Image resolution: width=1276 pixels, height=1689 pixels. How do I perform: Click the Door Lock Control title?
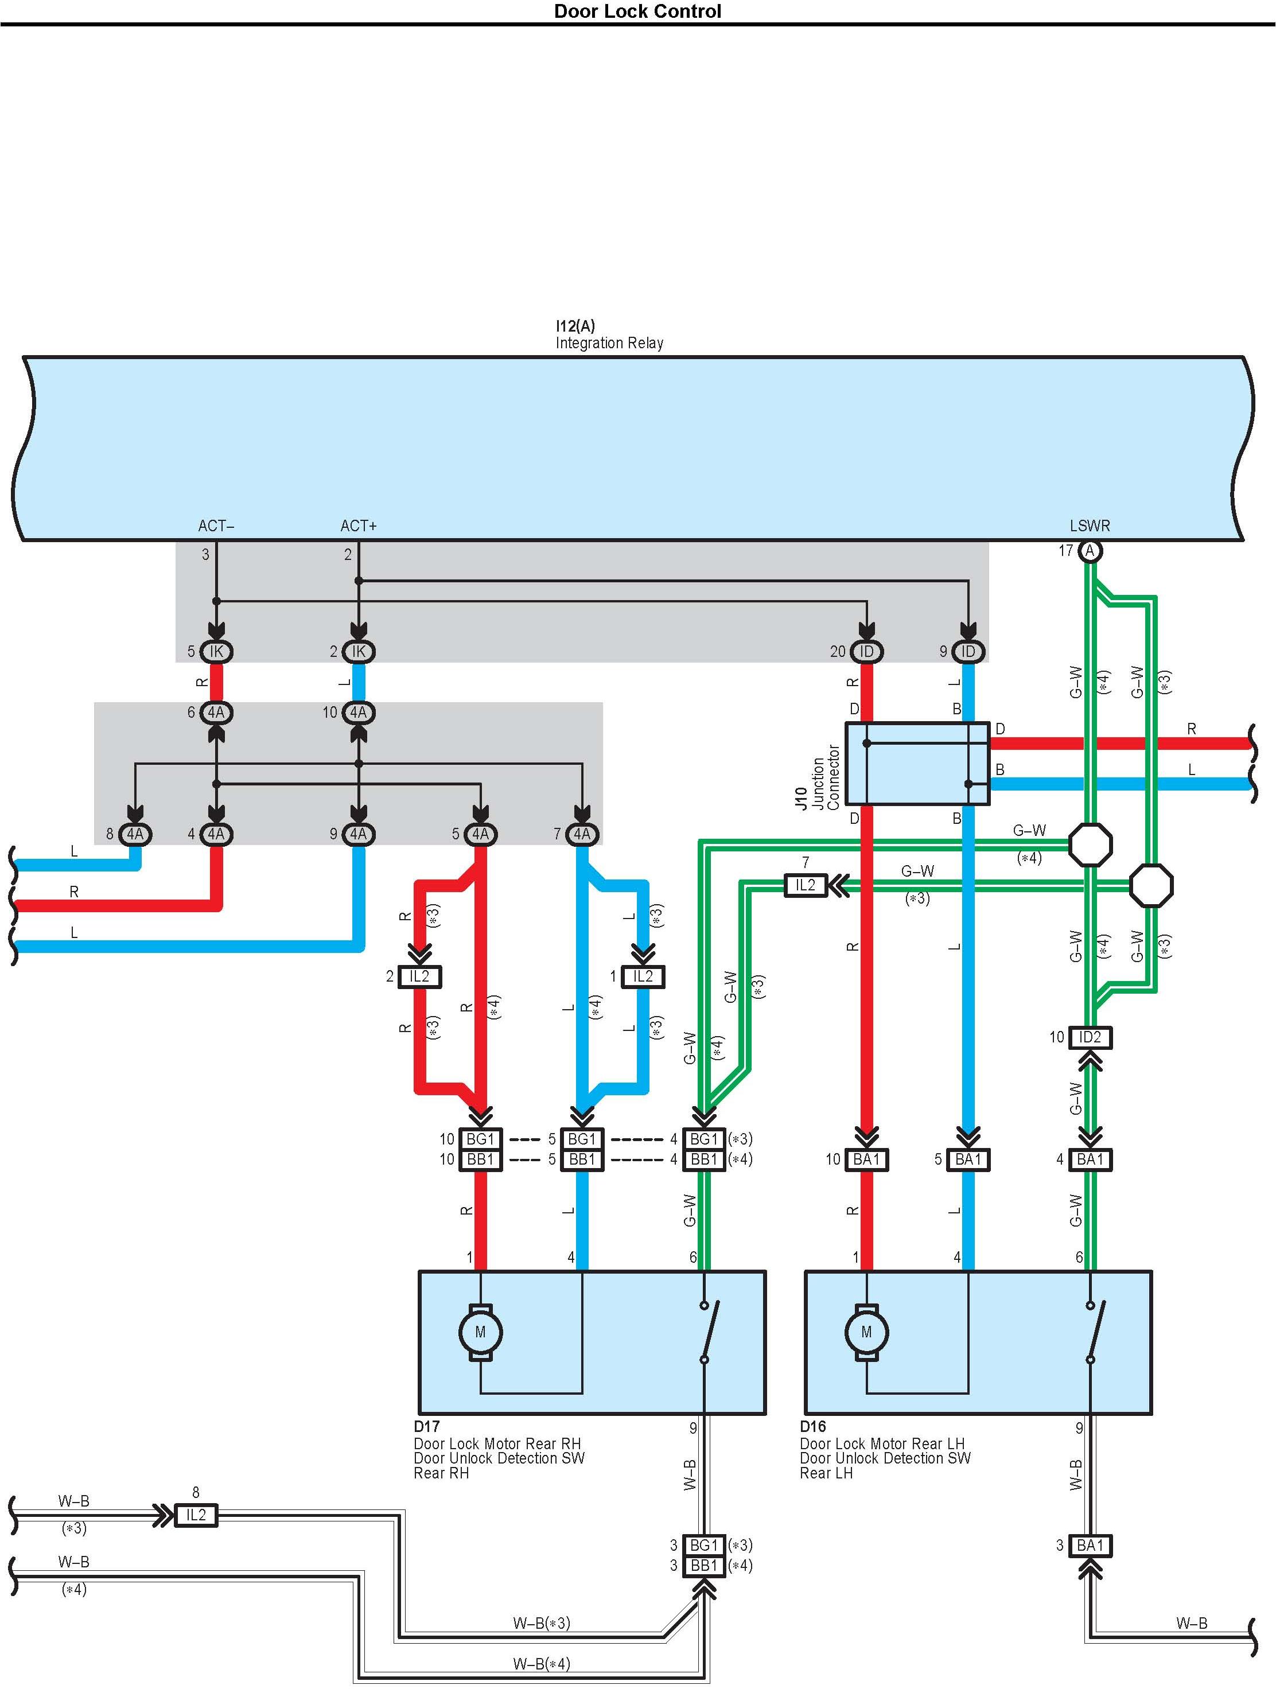[637, 11]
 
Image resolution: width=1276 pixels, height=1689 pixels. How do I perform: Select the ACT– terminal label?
[216, 526]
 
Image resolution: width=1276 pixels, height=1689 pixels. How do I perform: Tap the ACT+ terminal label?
[358, 526]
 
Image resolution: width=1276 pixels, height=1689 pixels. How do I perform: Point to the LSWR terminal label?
[1090, 526]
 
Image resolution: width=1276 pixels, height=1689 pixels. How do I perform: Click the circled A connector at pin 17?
[1090, 551]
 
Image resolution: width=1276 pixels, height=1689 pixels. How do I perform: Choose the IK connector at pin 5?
[216, 651]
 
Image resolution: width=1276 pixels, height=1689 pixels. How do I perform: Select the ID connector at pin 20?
[866, 651]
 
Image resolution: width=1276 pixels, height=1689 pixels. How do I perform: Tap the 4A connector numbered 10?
[358, 713]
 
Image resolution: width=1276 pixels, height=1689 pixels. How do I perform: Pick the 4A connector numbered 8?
[135, 834]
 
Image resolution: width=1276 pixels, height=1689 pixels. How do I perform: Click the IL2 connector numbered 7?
[805, 885]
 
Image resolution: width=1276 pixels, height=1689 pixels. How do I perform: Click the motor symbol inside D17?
[480, 1332]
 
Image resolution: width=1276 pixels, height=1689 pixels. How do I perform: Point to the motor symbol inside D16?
[866, 1332]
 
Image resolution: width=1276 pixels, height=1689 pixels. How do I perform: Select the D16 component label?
[813, 1426]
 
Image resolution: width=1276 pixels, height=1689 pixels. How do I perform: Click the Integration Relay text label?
[609, 344]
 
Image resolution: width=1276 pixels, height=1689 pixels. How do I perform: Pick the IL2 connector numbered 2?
[419, 976]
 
